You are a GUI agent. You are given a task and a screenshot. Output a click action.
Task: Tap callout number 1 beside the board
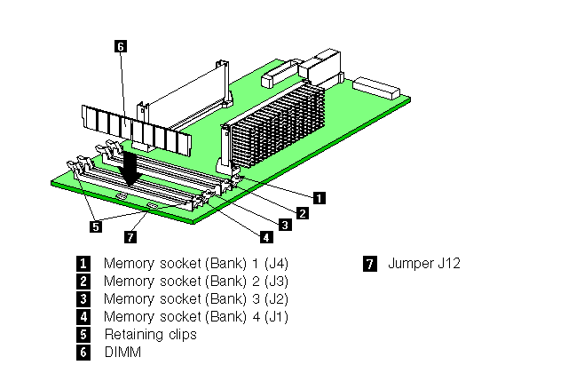coord(320,197)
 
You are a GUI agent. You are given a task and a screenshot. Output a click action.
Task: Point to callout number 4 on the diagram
coord(265,237)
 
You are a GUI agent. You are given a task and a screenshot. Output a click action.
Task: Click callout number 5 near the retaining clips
coord(96,226)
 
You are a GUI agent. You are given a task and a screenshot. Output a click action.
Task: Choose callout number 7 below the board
coord(130,237)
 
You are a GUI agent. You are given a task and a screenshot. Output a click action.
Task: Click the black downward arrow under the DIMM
coord(132,168)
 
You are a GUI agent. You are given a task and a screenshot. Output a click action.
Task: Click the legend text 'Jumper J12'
coord(423,264)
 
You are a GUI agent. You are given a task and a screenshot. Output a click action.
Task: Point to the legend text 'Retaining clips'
coord(150,335)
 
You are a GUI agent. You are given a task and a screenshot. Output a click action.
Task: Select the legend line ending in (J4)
coord(195,264)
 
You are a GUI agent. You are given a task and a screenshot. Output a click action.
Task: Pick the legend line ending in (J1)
coord(195,317)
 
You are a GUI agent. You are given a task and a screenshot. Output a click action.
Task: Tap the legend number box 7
coord(369,264)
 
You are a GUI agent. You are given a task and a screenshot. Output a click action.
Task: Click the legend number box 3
coord(83,299)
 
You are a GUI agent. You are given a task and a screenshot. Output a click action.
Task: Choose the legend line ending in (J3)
coord(195,282)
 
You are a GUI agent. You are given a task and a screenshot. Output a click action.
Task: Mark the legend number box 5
coord(83,335)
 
